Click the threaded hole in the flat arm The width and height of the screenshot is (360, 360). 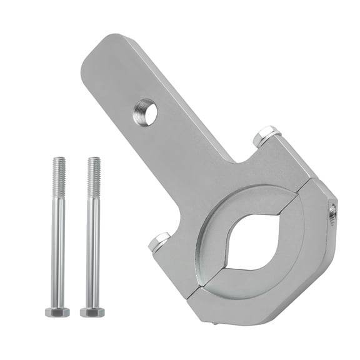tap(146, 113)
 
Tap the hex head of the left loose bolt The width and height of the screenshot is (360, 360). tap(57, 311)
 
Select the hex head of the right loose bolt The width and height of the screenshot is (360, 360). tap(92, 311)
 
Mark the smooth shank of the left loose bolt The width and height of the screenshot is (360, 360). tap(58, 250)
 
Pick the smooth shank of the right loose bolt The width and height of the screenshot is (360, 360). tap(93, 250)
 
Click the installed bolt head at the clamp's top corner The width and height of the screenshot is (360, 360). tap(266, 136)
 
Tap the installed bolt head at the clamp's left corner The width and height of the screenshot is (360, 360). tap(161, 241)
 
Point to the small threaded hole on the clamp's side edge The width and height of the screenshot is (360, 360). tap(332, 214)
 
